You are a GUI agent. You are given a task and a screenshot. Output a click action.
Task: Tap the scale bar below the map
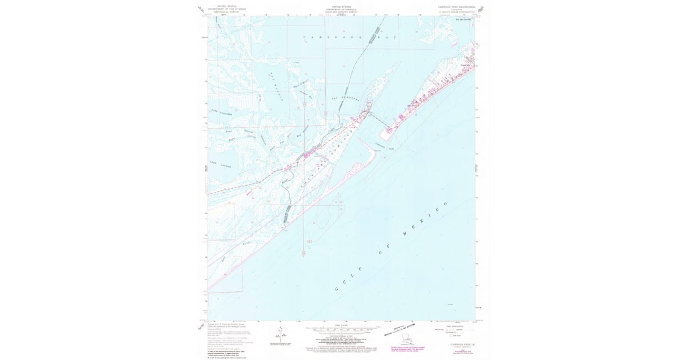pyautogui.click(x=343, y=329)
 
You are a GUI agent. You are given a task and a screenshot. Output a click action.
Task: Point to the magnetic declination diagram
pyautogui.click(x=280, y=334)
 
